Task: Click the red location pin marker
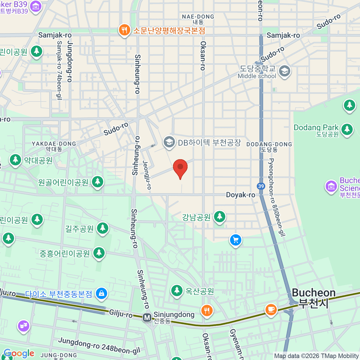tap(180, 167)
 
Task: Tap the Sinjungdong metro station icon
tap(147, 317)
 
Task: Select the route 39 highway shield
tap(261, 186)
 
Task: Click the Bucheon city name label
tap(313, 298)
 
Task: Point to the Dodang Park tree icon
tap(347, 129)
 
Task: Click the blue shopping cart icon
tap(235, 240)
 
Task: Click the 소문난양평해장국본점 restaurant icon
tap(124, 30)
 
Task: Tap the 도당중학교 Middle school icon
tap(284, 71)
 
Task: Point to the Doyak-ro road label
tap(240, 195)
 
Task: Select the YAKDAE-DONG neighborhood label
tap(54, 146)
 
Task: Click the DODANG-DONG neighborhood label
tap(269, 147)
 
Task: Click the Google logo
tap(19, 353)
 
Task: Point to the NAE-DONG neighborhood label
tap(198, 19)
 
